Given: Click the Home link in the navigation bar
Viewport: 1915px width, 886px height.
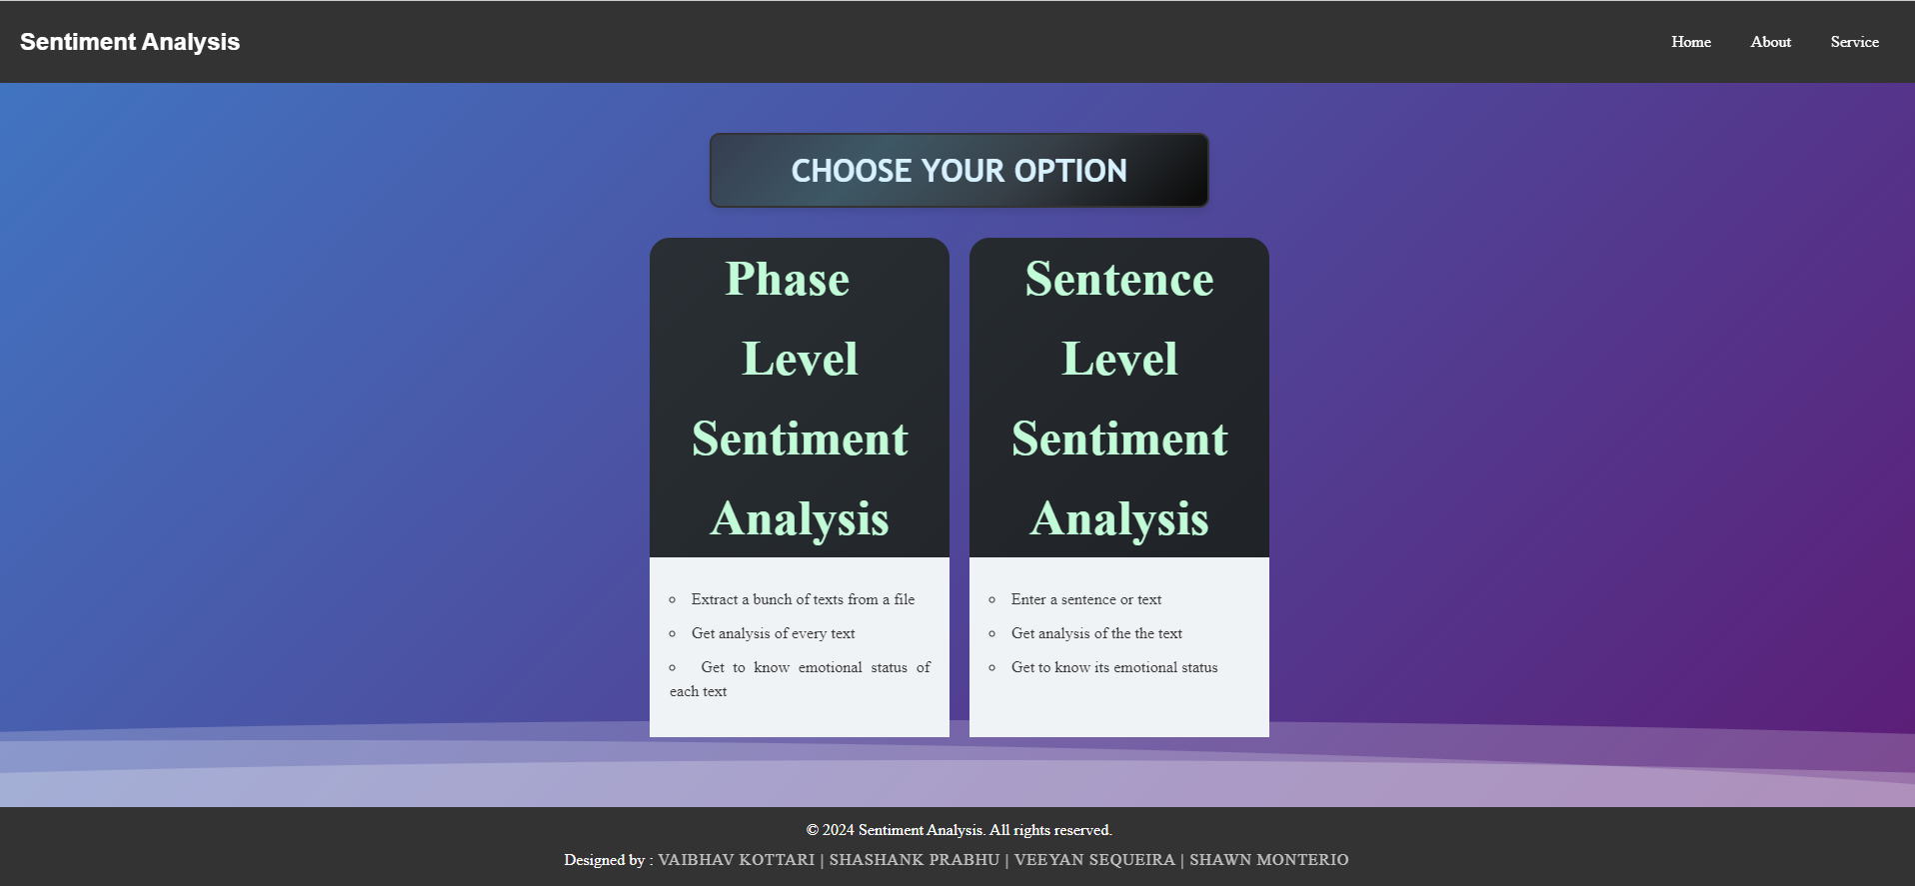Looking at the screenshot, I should tap(1690, 42).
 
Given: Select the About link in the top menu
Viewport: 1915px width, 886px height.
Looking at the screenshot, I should tap(1770, 42).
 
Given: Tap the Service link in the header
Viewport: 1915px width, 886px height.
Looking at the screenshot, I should tap(1854, 42).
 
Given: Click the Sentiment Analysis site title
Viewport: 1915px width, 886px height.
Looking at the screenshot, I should tap(130, 42).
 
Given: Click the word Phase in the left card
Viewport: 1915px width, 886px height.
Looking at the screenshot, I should tap(788, 280).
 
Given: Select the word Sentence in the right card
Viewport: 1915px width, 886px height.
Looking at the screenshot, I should tap(1119, 280).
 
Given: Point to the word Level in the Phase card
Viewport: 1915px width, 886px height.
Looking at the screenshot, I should tap(800, 360).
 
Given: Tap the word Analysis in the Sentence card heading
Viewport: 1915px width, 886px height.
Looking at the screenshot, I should tap(1119, 519).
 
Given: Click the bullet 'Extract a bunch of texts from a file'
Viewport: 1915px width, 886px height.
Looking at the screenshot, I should tap(803, 599).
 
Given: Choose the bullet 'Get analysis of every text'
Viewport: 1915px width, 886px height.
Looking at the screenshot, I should tap(773, 633).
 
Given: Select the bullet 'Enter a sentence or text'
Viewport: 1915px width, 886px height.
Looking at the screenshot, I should tap(1085, 599).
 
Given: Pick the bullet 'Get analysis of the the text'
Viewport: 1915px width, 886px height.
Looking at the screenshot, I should tap(1096, 633).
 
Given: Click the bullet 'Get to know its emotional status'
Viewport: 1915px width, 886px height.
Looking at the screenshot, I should tap(1114, 667).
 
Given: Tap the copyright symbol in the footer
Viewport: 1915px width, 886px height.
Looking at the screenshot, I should tap(813, 830).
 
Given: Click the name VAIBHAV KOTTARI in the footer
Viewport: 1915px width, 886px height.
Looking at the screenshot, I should tap(736, 860).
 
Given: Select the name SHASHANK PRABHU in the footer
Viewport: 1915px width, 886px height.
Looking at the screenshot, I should tap(914, 860).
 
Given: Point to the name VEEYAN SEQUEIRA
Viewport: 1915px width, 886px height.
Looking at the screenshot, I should tap(1094, 860).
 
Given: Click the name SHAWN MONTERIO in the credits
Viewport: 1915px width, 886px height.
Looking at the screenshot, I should tap(1268, 860).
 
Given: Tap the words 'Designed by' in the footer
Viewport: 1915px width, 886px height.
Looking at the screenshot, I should tap(605, 860).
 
